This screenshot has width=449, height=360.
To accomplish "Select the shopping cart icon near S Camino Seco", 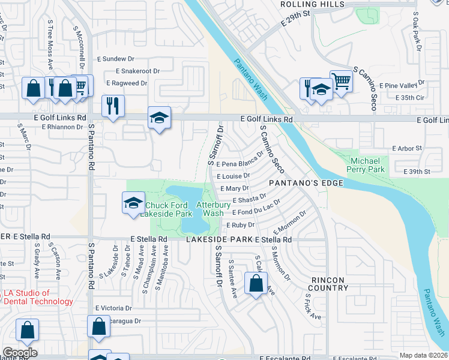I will pyautogui.click(x=341, y=80).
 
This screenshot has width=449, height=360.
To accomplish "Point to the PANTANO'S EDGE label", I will pyautogui.click(x=306, y=182).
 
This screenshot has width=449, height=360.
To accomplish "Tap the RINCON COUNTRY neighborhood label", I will pyautogui.click(x=329, y=284).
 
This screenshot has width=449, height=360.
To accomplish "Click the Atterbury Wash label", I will pyautogui.click(x=214, y=209).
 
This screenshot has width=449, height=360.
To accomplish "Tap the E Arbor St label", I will pyautogui.click(x=408, y=148).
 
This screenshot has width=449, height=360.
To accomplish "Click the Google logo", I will pyautogui.click(x=20, y=352).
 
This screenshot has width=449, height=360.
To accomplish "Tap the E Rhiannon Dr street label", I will pyautogui.click(x=62, y=127).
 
